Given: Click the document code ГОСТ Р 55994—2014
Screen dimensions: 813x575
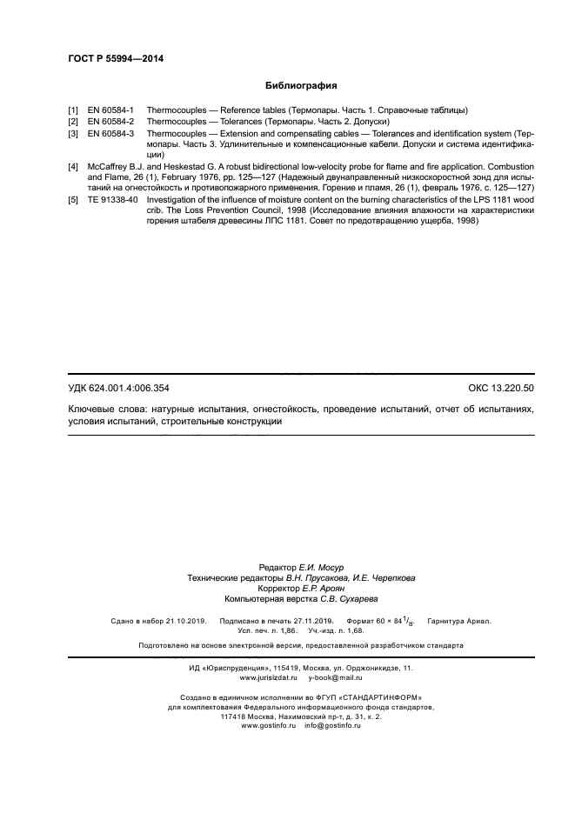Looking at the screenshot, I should (116, 58).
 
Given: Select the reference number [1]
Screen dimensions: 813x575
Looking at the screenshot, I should (74, 110).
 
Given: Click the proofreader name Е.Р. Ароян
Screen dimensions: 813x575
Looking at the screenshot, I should (308, 588).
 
